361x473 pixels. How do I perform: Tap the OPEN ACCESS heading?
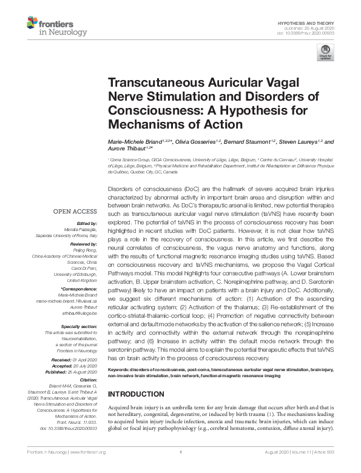tap(76, 211)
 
